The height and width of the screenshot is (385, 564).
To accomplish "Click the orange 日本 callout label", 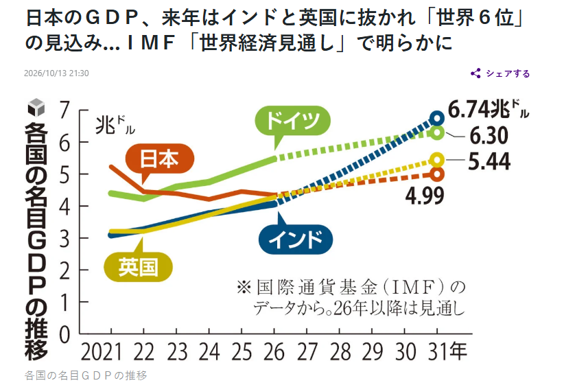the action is (160, 159).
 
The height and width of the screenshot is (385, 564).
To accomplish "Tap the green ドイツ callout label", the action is (292, 121).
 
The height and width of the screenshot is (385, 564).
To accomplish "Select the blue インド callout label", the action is (296, 240).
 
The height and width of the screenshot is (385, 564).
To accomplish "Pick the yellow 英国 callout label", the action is (139, 267).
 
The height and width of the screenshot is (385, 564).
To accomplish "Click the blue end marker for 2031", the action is (437, 118).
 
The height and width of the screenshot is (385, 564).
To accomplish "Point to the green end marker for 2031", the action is (437, 132).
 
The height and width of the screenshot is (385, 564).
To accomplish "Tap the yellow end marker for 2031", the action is (437, 160).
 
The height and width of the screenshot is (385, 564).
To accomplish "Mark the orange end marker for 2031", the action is (437, 174).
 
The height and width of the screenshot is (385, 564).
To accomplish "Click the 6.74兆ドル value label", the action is (489, 109).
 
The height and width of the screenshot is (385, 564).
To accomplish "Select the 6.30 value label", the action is (489, 136).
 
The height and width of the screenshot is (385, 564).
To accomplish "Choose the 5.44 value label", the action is (489, 161).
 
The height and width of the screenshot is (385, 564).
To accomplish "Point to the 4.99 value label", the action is (425, 196).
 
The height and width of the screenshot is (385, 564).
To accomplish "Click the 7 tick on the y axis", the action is (64, 110).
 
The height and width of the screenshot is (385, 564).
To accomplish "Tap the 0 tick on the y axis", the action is (64, 335).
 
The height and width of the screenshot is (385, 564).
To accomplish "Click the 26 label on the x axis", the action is (274, 352).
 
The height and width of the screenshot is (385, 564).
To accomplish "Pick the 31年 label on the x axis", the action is (448, 351).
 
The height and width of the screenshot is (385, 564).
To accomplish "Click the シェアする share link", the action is (500, 73).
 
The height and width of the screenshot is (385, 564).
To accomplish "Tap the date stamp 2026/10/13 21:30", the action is (56, 73).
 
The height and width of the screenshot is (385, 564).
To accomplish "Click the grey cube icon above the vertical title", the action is (36, 107).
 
